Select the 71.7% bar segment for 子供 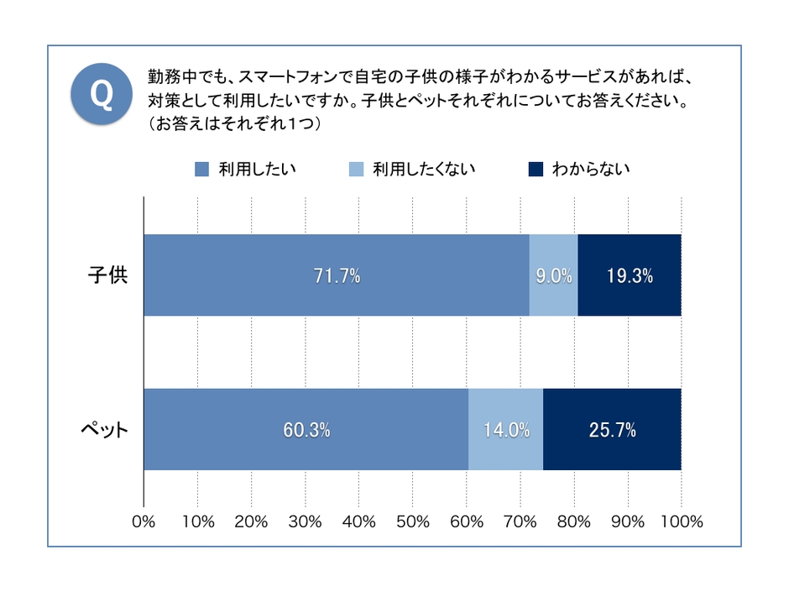pyautogui.click(x=337, y=275)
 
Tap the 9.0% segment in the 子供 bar pyautogui.click(x=554, y=275)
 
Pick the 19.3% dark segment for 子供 pyautogui.click(x=630, y=275)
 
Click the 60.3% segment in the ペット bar pyautogui.click(x=306, y=430)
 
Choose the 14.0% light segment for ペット pyautogui.click(x=506, y=430)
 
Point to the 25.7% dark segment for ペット pyautogui.click(x=612, y=430)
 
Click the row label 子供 pyautogui.click(x=108, y=275)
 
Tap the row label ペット pyautogui.click(x=105, y=430)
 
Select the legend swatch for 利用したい pyautogui.click(x=201, y=170)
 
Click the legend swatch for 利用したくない pyautogui.click(x=356, y=170)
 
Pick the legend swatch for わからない pyautogui.click(x=536, y=170)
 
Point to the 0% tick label pyautogui.click(x=144, y=521)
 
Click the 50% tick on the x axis pyautogui.click(x=412, y=521)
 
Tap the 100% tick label pyautogui.click(x=681, y=521)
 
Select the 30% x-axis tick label pyautogui.click(x=305, y=521)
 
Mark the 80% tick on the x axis pyautogui.click(x=573, y=521)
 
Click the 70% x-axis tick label pyautogui.click(x=520, y=521)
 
